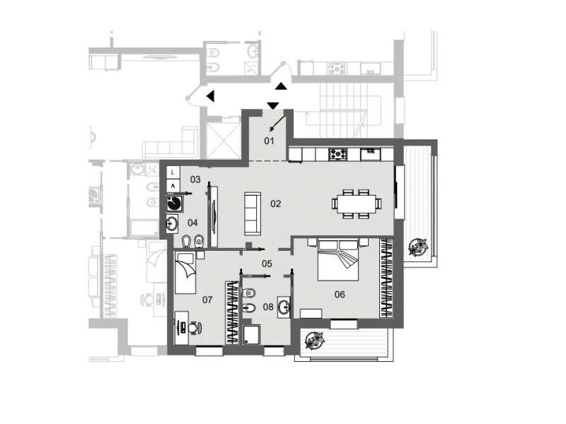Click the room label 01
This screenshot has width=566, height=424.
click(x=269, y=141)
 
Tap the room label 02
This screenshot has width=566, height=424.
click(x=276, y=204)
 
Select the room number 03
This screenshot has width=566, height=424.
click(x=195, y=179)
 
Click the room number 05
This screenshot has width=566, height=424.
click(x=267, y=264)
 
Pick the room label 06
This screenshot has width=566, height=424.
click(x=339, y=294)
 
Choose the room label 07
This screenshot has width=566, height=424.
click(x=207, y=300)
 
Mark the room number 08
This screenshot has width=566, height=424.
click(x=268, y=307)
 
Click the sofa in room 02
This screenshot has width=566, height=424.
click(x=252, y=213)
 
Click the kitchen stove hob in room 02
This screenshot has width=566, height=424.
click(x=337, y=153)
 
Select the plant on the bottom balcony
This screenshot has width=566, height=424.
click(x=313, y=342)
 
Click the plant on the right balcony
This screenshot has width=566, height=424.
click(x=418, y=247)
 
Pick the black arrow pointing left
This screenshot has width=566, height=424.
click(x=210, y=95)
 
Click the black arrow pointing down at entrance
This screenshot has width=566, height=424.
click(x=273, y=106)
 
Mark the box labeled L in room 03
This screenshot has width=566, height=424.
click(x=173, y=172)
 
